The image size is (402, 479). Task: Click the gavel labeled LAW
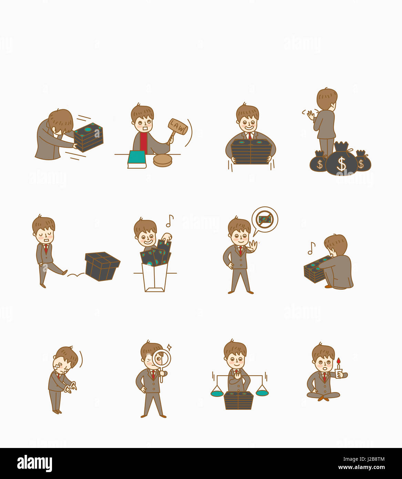pyautogui.click(x=178, y=127)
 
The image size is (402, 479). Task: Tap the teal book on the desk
pyautogui.click(x=137, y=158)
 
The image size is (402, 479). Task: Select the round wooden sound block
pyautogui.click(x=162, y=160)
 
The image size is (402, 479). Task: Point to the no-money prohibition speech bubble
pyautogui.click(x=265, y=220)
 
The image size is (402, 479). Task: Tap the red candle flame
pyautogui.click(x=339, y=361)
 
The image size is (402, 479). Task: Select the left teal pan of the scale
pyautogui.click(x=217, y=393)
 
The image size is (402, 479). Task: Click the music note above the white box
pyautogui.click(x=169, y=221)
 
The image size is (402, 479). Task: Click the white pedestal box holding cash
pyautogui.click(x=155, y=277)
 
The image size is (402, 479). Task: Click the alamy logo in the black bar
pyautogui.click(x=34, y=463)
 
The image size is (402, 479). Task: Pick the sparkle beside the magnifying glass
pyautogui.click(x=169, y=347)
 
